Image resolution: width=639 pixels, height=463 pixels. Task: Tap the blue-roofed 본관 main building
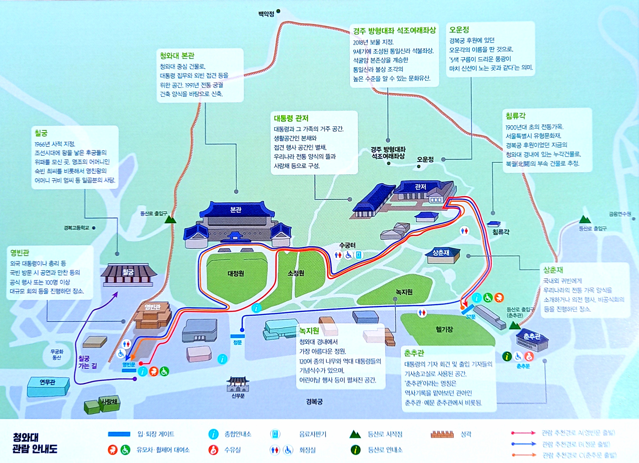click(x=236, y=223)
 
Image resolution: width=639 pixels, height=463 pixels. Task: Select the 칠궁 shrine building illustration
click(x=128, y=275)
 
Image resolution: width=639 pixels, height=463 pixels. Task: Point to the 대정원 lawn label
click(x=236, y=273)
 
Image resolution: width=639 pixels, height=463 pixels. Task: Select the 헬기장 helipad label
click(x=444, y=329)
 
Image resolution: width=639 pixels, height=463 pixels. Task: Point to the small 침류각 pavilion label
click(x=501, y=232)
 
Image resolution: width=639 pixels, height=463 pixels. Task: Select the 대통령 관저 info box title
click(x=291, y=118)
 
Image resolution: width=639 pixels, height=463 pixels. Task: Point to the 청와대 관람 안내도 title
click(x=35, y=443)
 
